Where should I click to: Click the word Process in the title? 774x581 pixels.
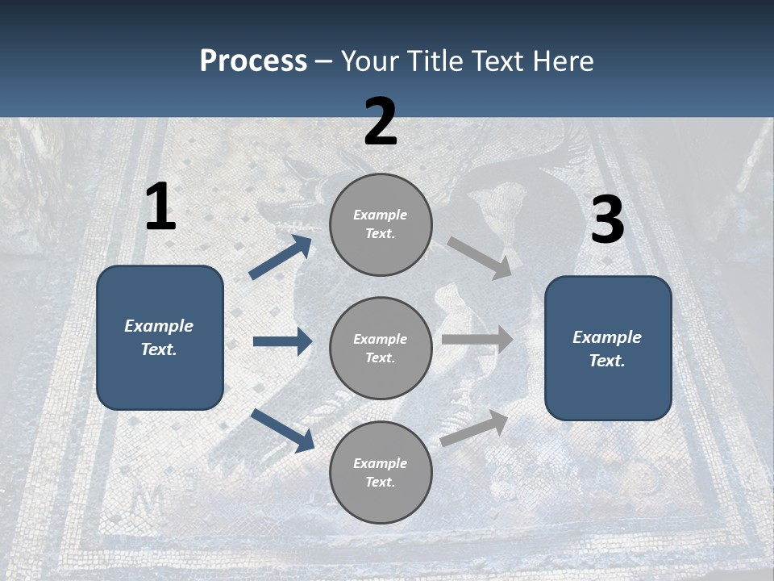click(253, 61)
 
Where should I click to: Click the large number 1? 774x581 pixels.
click(160, 207)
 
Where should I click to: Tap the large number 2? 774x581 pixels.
click(381, 122)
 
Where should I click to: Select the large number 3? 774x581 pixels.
click(607, 220)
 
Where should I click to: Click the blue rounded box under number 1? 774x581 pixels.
click(160, 337)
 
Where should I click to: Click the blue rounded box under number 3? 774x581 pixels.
click(608, 348)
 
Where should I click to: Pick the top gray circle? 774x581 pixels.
click(381, 224)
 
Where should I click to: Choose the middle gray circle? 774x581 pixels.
click(381, 348)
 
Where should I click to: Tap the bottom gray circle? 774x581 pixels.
click(381, 472)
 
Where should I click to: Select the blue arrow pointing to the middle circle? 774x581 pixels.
click(282, 341)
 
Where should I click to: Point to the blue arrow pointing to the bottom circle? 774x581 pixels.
click(282, 430)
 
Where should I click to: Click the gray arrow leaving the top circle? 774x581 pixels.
click(480, 257)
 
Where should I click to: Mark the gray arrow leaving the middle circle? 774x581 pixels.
click(477, 339)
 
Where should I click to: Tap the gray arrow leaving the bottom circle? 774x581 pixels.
click(475, 428)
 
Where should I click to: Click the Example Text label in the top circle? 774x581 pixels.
click(381, 224)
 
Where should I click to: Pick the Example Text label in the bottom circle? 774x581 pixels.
click(381, 472)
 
